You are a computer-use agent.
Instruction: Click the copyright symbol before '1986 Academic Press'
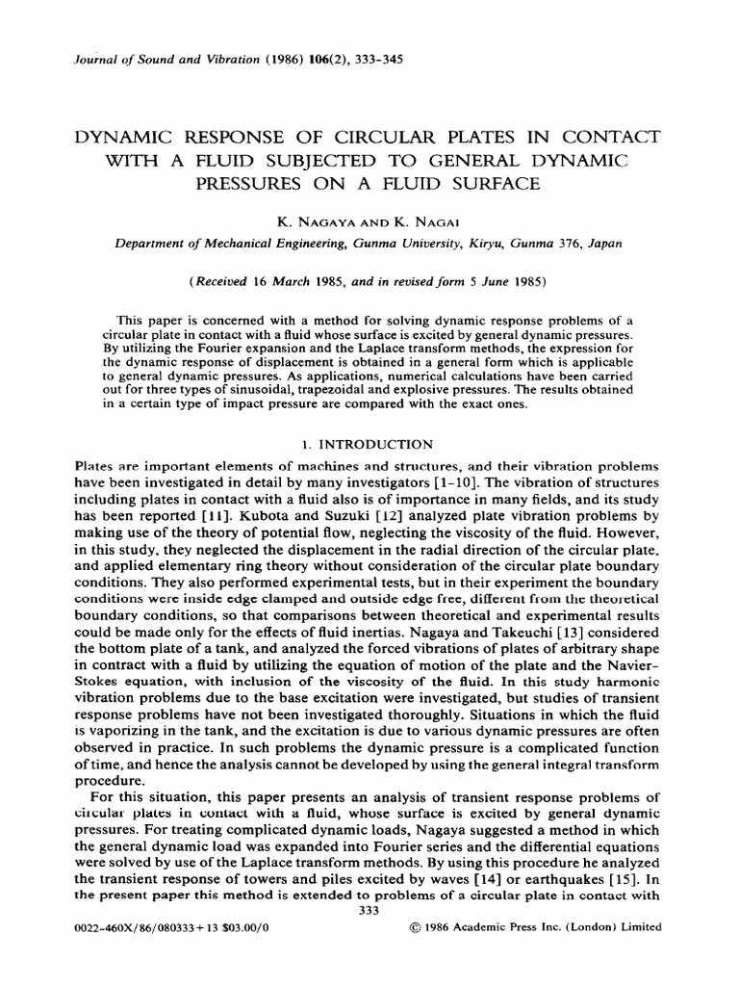(x=416, y=928)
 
